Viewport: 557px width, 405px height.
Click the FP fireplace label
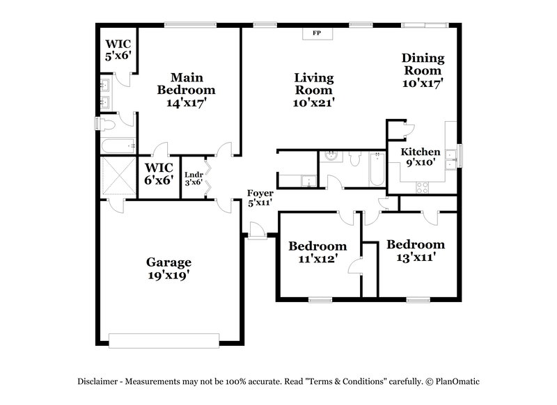317,33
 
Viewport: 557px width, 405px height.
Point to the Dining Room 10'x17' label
423,70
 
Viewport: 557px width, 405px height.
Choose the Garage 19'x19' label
168,269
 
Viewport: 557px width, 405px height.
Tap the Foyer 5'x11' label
260,198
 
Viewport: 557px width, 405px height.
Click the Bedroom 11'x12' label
317,252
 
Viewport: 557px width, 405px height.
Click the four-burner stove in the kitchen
422,186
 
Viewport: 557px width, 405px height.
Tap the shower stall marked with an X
116,176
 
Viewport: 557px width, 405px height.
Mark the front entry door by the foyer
256,230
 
